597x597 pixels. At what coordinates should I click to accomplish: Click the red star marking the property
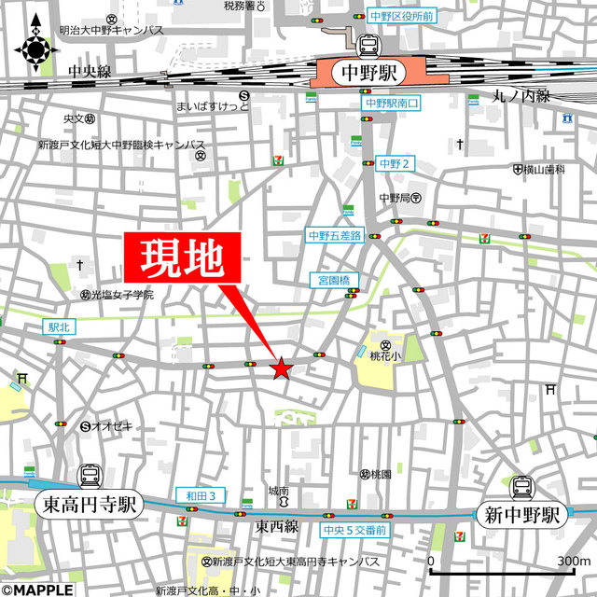coord(281,369)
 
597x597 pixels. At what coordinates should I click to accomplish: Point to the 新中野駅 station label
coord(521,514)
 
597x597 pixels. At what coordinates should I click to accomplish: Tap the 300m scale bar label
coord(573,562)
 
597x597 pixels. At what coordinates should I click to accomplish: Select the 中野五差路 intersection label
coord(335,236)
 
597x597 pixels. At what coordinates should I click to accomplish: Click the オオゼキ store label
coord(115,426)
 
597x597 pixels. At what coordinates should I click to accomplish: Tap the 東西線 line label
coord(278,527)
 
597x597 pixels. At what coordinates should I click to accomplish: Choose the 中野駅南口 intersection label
coord(394,104)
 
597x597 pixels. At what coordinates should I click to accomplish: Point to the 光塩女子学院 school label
coord(122,295)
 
